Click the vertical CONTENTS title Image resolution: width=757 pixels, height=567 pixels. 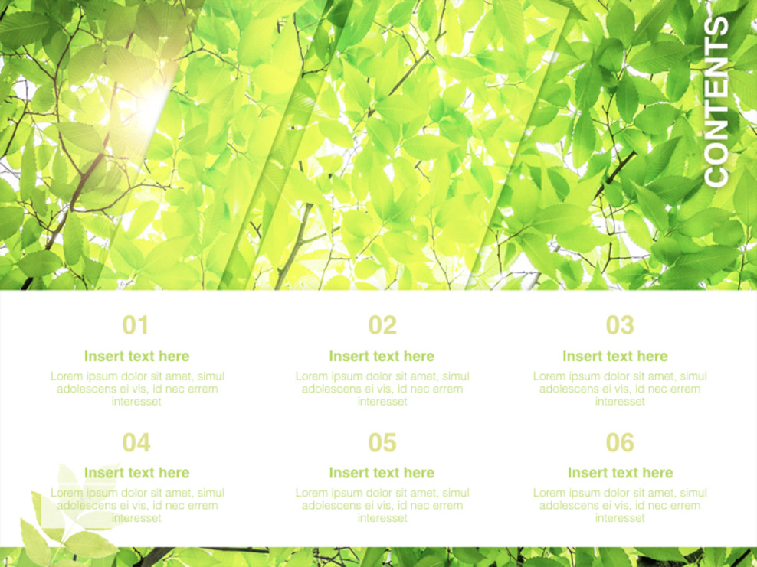point(716,101)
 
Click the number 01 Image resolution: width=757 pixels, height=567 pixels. point(136,325)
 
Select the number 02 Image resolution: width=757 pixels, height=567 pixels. point(382,325)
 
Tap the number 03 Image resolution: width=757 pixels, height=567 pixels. point(620,325)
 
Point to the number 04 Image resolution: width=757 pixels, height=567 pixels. point(136,442)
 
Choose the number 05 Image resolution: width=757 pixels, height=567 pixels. point(382,442)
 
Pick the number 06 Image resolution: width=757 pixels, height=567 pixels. point(620,442)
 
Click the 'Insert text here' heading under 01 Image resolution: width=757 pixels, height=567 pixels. point(136,356)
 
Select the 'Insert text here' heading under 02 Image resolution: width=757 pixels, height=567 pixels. point(382,356)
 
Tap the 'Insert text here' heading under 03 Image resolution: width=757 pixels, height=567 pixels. point(615,356)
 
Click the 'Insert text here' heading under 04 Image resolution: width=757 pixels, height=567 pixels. point(136,473)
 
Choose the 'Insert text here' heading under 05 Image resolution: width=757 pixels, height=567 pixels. point(382,473)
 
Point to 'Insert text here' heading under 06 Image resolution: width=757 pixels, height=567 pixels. point(620,473)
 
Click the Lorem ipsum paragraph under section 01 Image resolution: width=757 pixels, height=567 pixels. point(137,389)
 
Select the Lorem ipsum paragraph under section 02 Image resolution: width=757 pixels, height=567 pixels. point(382,389)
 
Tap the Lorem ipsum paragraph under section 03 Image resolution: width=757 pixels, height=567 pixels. point(620,389)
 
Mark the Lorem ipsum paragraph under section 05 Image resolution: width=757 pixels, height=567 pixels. point(382,506)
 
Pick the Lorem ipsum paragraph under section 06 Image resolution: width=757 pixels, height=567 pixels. point(620,506)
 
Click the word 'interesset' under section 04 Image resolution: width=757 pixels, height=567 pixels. point(137,518)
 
